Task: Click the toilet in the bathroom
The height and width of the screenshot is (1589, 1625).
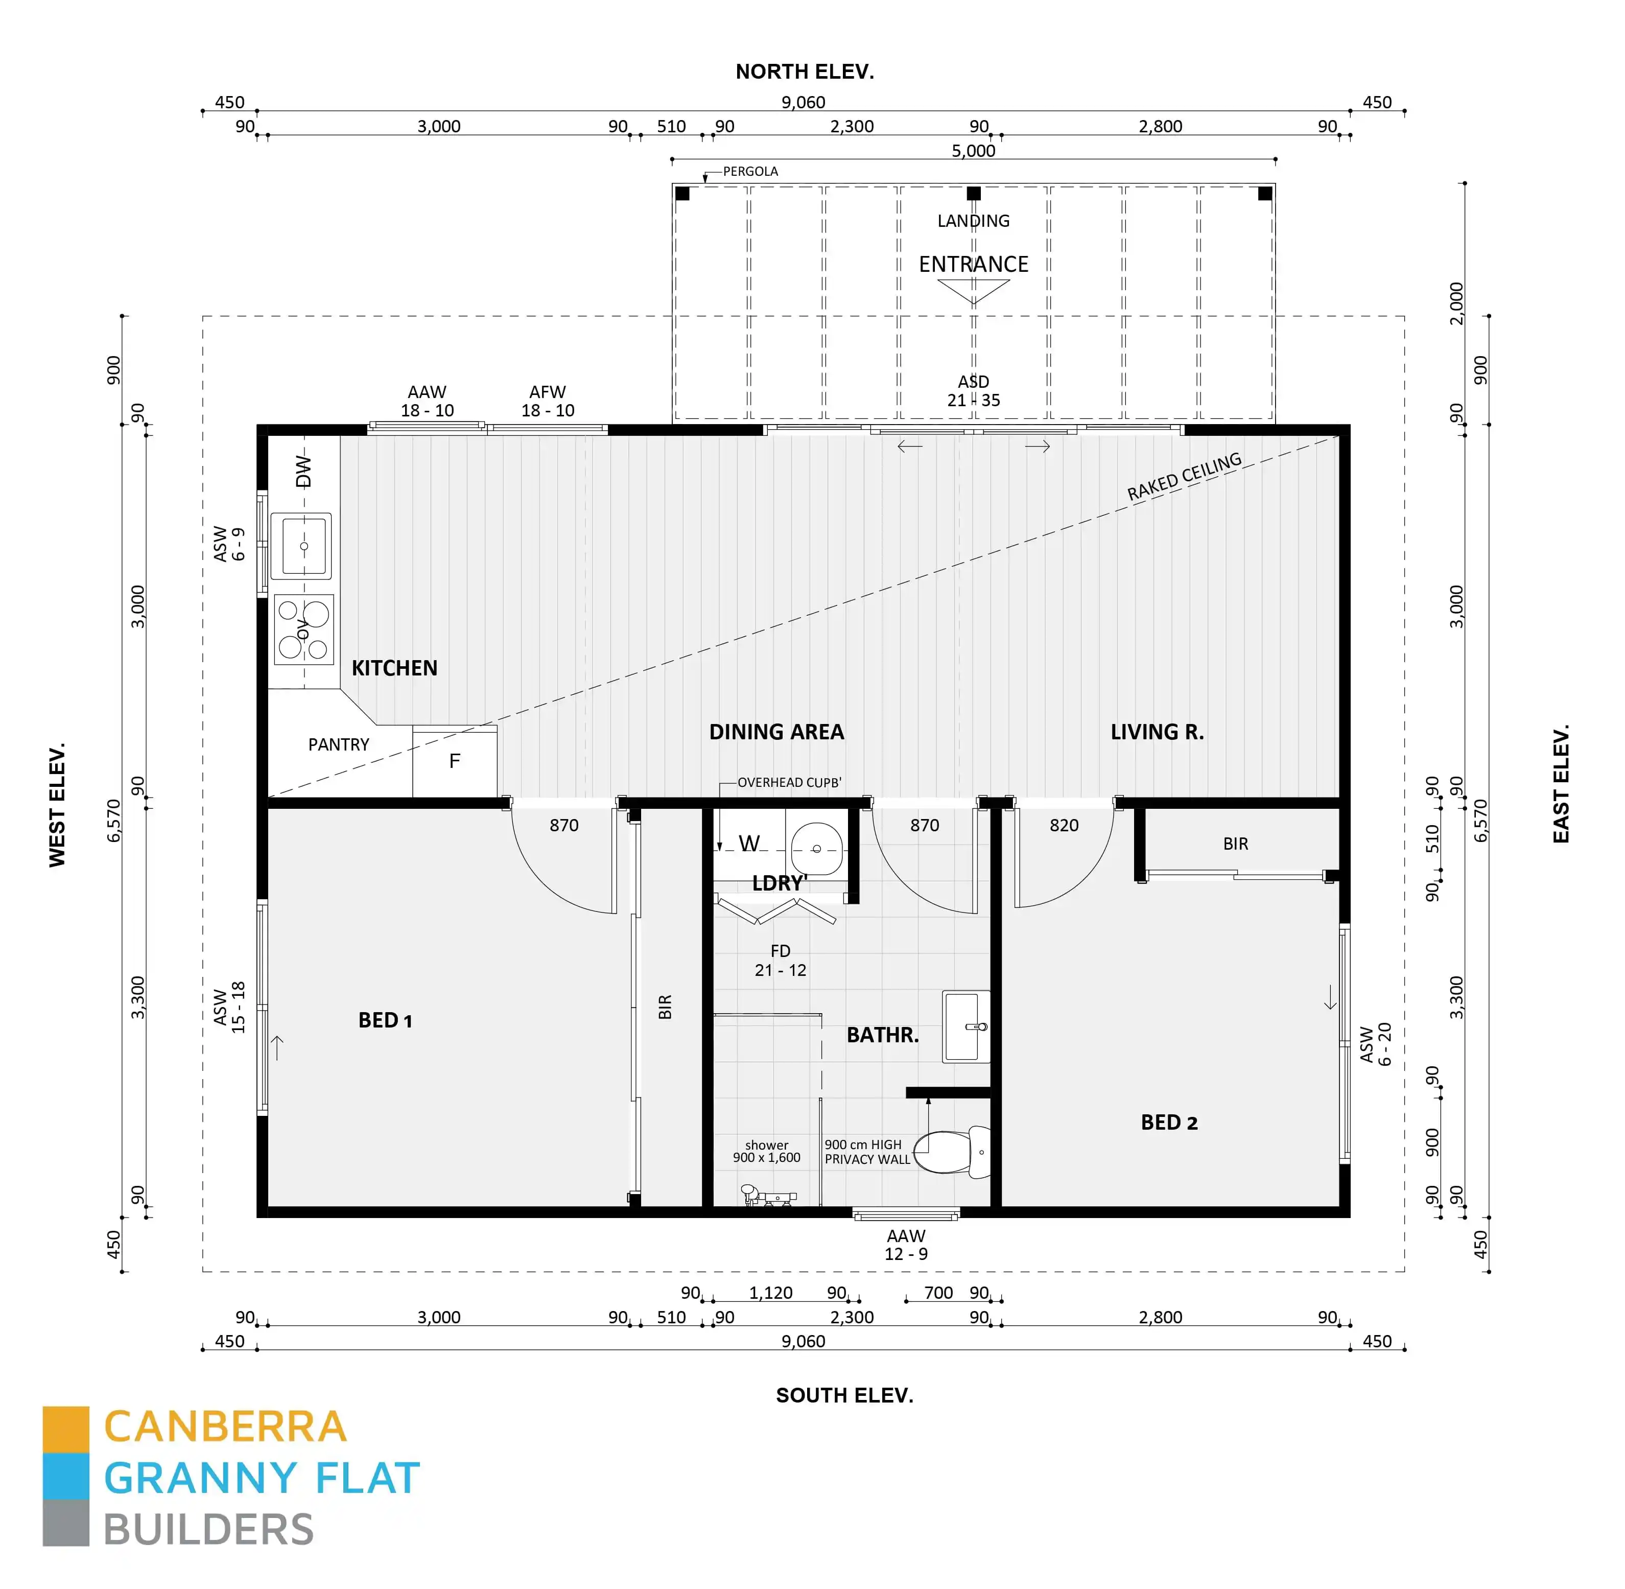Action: [952, 1152]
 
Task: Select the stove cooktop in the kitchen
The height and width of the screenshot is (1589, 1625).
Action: [303, 629]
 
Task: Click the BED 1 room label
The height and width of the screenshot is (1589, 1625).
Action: [385, 1020]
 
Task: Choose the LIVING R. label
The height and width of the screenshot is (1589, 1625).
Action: [1157, 732]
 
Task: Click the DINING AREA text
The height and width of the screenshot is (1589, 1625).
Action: [776, 732]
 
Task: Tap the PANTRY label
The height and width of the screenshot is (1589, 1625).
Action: [338, 744]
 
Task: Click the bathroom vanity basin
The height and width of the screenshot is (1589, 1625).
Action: [965, 1026]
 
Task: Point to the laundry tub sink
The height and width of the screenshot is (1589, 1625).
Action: [816, 849]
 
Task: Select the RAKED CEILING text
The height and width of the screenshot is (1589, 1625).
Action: [1184, 477]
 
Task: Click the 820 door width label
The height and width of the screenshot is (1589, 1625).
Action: [1063, 825]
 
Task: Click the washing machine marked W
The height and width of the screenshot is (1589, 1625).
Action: [749, 844]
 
